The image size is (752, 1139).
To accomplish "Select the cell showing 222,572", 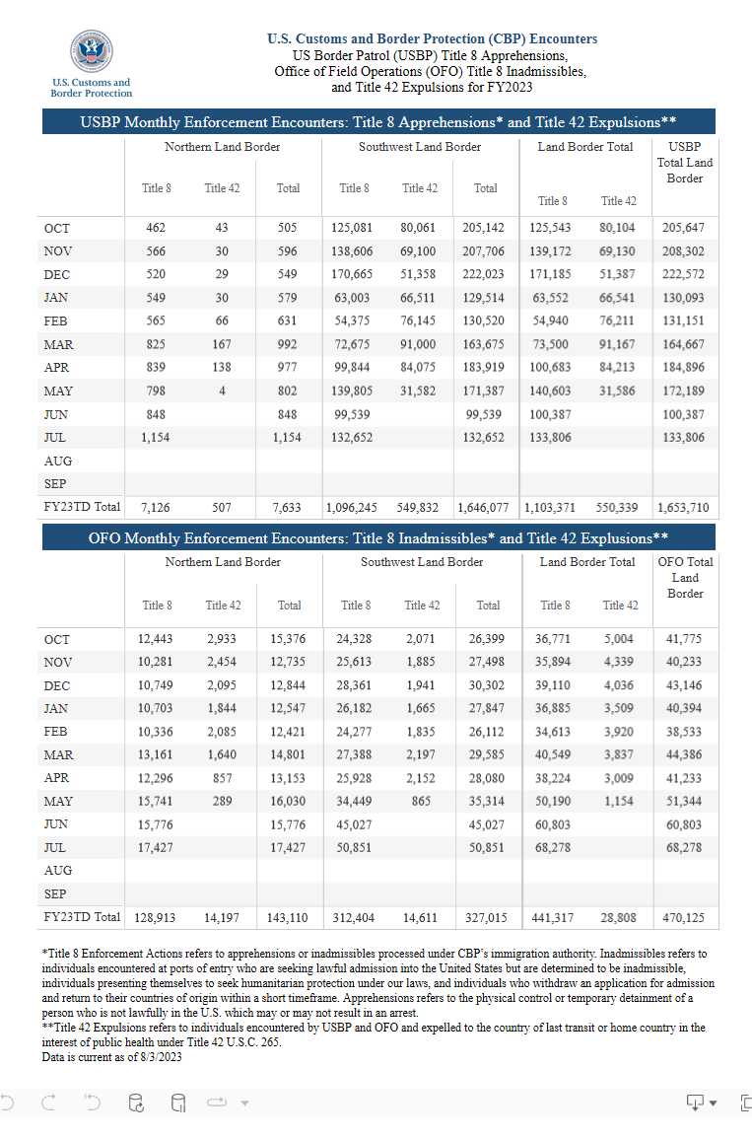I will tap(684, 274).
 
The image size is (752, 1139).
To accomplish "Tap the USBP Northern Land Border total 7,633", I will tap(287, 508).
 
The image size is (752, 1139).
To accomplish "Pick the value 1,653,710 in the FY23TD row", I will tap(684, 508).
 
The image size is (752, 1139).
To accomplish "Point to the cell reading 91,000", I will tap(420, 345).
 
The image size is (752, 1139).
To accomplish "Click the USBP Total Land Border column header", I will tap(684, 163).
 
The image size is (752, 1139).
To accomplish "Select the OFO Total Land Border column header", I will tap(685, 578).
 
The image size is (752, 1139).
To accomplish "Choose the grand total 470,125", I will tap(685, 917).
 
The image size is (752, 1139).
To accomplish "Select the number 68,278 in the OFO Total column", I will tap(685, 847).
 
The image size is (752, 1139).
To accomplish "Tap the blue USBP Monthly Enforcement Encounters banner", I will tap(377, 122).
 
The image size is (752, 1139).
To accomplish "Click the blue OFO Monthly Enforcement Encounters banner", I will tap(377, 538).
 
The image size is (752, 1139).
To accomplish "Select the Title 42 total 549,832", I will tap(420, 508).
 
